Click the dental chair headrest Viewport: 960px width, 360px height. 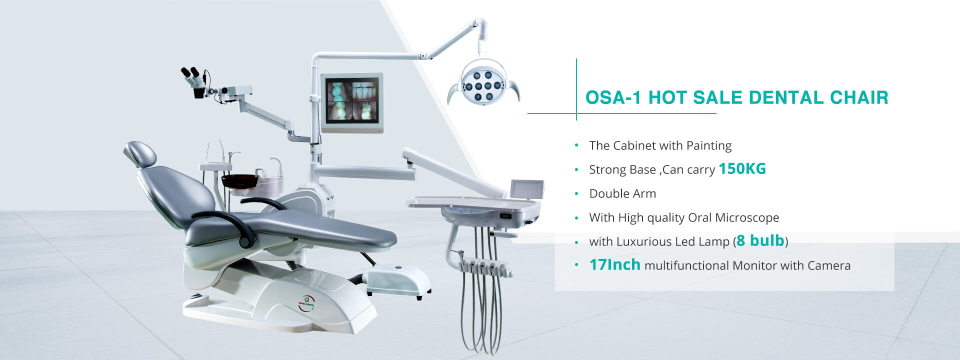pyautogui.click(x=140, y=154)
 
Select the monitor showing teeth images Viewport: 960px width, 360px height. pyautogui.click(x=352, y=103)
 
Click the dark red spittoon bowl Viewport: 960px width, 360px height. pyautogui.click(x=240, y=181)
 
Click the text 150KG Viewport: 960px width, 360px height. pyautogui.click(x=742, y=169)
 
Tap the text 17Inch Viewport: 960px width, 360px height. pyautogui.click(x=614, y=264)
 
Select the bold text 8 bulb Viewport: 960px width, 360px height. pyautogui.click(x=760, y=240)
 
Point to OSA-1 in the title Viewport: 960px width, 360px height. pyautogui.click(x=613, y=97)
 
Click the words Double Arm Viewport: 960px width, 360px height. pyautogui.click(x=622, y=193)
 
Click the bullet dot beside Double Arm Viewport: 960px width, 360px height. pyautogui.click(x=576, y=193)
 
